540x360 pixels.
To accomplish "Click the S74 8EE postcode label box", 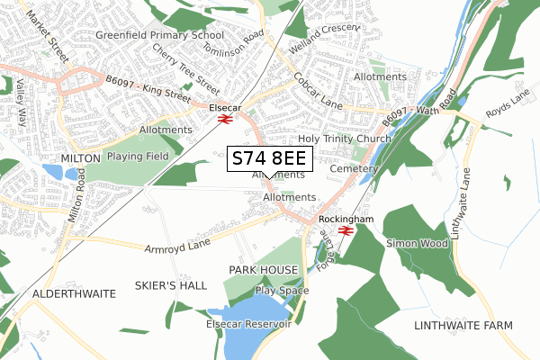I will point(269,158).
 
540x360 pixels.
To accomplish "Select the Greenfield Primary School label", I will point(159,35).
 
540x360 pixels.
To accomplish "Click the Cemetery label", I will point(350,168).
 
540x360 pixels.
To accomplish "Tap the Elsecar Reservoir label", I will point(248,323).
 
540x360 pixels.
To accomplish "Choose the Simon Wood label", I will point(417,243).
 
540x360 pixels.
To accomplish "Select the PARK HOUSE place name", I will point(262,270).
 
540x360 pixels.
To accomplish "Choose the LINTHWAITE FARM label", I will point(463,324).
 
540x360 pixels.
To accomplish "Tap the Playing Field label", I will point(138,156).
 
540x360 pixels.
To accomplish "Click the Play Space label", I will point(282,291).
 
